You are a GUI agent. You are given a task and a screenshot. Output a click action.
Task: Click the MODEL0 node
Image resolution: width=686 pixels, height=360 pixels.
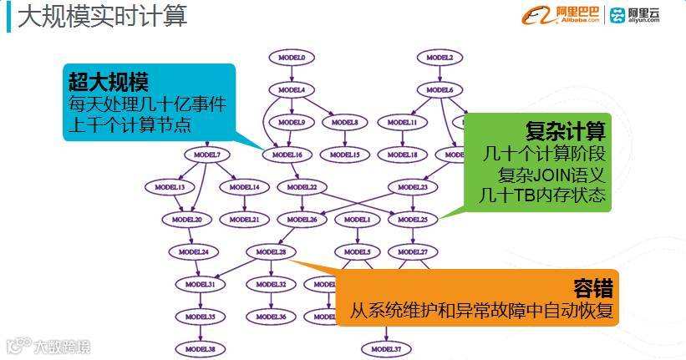(291, 58)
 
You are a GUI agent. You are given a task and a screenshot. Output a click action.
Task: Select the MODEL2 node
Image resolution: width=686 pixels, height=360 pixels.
(440, 58)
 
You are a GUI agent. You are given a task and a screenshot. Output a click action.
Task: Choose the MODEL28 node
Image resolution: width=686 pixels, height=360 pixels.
(271, 251)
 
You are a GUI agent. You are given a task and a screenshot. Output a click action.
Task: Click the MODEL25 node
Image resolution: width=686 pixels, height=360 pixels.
(413, 220)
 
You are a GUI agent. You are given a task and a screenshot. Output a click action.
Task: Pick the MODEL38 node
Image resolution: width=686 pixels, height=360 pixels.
(201, 348)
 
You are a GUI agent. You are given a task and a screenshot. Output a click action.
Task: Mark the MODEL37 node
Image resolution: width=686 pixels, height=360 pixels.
(386, 348)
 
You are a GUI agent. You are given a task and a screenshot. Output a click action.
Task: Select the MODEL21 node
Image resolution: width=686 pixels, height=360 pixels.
(244, 220)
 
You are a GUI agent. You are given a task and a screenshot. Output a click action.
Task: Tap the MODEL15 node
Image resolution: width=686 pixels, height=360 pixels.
(344, 155)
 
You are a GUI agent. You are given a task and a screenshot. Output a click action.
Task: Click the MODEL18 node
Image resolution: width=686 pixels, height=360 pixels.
(403, 155)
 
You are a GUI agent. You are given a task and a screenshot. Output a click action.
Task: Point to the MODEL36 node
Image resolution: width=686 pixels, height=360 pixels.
(272, 317)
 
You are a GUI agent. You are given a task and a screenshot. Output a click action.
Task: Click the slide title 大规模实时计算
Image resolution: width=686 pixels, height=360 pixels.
(102, 16)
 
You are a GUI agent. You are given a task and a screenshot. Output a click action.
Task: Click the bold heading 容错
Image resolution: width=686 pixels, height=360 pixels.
(593, 289)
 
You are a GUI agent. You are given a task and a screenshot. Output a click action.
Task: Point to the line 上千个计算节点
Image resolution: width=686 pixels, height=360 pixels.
(127, 125)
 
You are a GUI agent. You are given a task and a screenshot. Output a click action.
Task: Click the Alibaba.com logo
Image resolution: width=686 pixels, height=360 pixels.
(558, 15)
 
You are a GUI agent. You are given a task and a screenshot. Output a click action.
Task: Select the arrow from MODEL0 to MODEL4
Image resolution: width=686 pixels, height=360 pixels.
(291, 74)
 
